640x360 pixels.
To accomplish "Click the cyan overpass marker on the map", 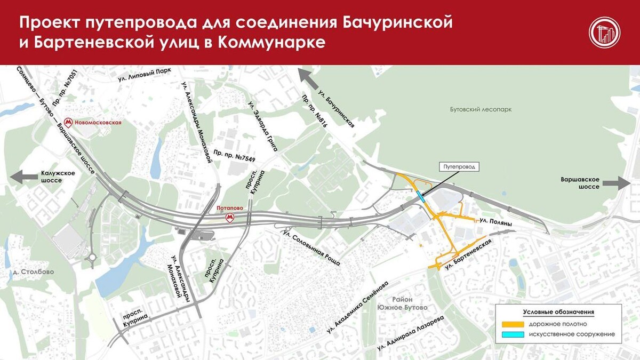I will tap(421, 196).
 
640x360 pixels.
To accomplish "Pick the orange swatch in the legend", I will tap(513, 324).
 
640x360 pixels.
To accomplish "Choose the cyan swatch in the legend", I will tap(513, 334).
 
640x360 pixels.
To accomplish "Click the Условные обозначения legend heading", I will tap(558, 312).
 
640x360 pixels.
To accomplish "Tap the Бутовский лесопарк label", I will tap(481, 109).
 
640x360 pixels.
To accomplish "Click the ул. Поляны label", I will tap(495, 220).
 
